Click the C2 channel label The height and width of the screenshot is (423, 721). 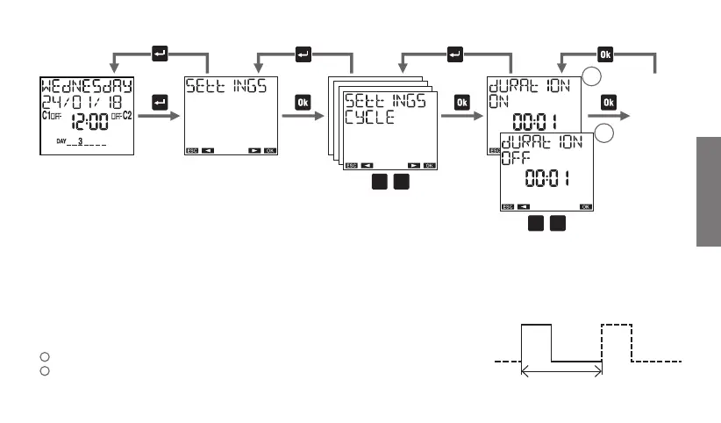point(126,116)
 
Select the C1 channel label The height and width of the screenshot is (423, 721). point(46,116)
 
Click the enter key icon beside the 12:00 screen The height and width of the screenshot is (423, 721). point(160,103)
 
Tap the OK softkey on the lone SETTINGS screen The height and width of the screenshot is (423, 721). point(270,150)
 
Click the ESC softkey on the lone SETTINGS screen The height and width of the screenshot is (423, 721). point(192,150)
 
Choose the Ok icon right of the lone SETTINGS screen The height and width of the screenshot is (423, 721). point(303,103)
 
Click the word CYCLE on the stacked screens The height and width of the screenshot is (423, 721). point(369,117)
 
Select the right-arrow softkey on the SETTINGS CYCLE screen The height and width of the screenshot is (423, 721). point(413,164)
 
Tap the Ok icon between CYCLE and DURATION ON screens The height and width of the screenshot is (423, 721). point(462,103)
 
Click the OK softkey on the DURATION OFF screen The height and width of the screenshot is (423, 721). point(585,206)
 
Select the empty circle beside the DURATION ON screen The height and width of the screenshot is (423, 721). point(594,78)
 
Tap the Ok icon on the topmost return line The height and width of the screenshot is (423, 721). point(607,53)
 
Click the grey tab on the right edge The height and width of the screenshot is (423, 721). point(710,192)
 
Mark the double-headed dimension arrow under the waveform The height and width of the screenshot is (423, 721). point(562,372)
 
